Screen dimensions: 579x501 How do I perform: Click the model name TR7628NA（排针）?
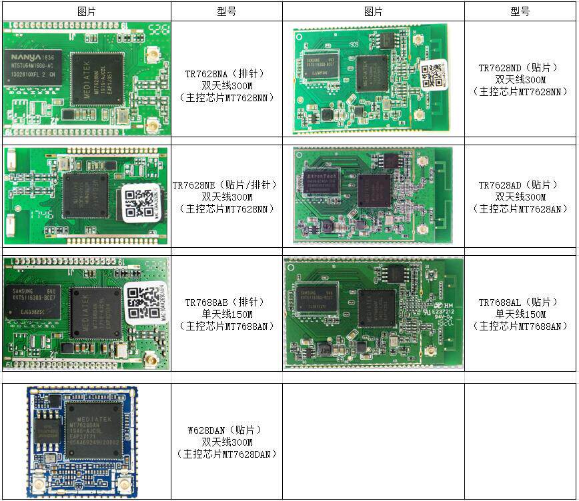226,74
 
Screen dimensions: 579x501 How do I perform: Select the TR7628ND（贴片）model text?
520,68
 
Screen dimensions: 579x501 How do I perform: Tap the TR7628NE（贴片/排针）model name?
226,185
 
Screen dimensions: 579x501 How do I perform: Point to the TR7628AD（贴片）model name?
520,185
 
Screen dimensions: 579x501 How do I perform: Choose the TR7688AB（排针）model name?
226,302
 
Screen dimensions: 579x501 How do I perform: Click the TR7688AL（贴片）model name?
520,302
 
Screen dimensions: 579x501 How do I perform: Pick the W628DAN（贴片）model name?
226,430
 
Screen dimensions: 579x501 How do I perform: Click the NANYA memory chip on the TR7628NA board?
31,71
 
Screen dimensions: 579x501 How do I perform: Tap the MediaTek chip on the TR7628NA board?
97,79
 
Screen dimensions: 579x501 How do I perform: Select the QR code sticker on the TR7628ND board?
434,73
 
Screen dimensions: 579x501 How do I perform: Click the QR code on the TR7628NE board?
141,201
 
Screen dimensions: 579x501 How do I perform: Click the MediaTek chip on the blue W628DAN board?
94,430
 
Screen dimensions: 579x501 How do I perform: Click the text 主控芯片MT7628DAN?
226,454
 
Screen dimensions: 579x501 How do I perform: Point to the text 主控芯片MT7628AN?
520,209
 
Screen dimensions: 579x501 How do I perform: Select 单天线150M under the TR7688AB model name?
226,314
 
